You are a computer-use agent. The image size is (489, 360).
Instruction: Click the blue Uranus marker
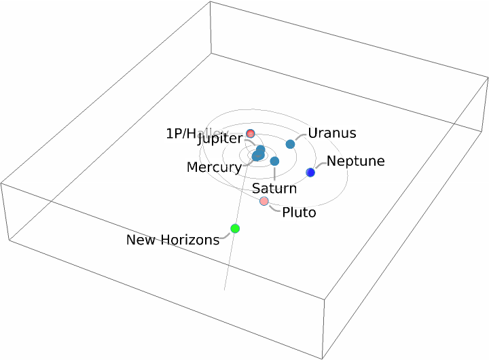[x=291, y=144]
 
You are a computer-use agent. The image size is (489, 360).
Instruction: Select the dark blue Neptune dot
[x=310, y=173]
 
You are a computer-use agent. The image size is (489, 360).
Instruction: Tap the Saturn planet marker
[x=274, y=161]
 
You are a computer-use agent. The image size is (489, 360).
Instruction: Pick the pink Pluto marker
[x=264, y=201]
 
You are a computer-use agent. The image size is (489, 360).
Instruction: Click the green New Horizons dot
[x=235, y=228]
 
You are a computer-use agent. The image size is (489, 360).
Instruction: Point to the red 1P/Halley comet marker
[x=251, y=133]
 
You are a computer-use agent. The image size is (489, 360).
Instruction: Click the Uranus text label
[x=332, y=133]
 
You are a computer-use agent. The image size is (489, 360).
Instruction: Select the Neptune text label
[x=355, y=162]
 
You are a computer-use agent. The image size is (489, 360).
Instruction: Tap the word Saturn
[x=274, y=188]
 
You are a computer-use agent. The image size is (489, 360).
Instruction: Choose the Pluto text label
[x=299, y=213]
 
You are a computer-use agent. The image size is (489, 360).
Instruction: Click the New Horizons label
[x=173, y=239]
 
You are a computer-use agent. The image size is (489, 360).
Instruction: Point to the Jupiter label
[x=219, y=139]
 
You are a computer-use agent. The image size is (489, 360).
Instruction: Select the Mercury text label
[x=214, y=167]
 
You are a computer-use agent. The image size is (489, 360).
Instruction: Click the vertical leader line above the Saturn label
[x=274, y=173]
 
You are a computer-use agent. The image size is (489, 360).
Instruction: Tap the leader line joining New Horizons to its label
[x=227, y=236]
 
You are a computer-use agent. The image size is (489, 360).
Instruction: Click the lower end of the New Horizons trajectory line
[x=225, y=289]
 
